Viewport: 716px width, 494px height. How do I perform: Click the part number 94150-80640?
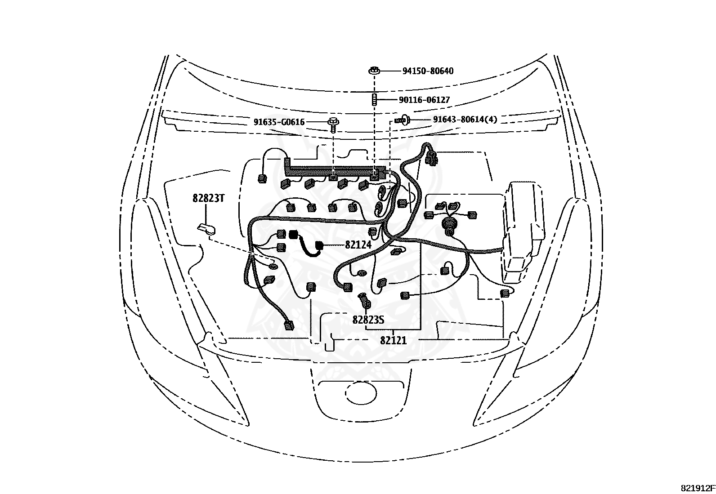427,71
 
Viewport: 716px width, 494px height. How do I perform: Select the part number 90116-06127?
424,100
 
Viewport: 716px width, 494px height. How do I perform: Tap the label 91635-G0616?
279,122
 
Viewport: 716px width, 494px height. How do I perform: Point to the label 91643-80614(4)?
465,120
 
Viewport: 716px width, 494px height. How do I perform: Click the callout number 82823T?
208,198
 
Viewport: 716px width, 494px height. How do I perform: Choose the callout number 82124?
358,245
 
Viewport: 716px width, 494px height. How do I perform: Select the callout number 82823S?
368,320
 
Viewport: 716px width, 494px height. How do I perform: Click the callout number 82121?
393,340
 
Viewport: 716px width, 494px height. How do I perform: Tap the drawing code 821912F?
697,488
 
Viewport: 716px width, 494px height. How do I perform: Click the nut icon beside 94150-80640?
375,71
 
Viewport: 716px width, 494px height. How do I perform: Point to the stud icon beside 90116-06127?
374,99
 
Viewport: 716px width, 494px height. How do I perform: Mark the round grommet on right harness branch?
448,223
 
